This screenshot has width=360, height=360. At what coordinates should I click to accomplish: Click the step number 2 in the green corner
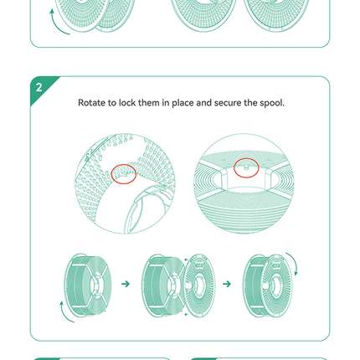coord(39,87)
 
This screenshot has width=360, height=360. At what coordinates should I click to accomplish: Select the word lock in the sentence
coord(127,103)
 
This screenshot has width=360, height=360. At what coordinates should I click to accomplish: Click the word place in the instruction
coord(183,103)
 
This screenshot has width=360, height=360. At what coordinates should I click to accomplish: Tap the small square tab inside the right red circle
coord(246,168)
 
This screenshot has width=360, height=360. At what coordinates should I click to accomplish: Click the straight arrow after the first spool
coord(126,284)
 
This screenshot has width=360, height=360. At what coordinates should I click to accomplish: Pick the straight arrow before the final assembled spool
coord(227,284)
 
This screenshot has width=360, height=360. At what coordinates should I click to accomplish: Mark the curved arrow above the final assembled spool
coord(294,262)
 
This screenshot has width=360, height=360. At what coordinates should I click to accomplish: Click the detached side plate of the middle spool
coord(199,285)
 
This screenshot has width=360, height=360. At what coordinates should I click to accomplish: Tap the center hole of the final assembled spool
coord(276,285)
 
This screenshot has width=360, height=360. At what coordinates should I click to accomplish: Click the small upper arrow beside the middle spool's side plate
coord(186,260)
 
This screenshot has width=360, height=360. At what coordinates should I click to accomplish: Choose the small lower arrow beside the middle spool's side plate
coord(187,315)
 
